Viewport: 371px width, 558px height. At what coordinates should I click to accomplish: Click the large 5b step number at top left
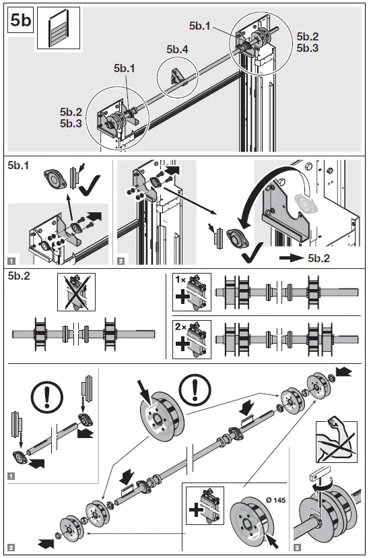pos(21,20)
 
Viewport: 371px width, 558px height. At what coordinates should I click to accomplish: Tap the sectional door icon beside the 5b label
pos(59,29)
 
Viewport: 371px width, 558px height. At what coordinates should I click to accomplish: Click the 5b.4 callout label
pos(178,49)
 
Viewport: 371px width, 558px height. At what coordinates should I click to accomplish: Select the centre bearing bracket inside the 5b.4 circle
pos(176,77)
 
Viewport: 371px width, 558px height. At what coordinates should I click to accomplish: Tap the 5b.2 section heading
pos(19,276)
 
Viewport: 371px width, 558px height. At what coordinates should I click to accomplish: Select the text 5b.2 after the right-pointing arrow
pos(318,258)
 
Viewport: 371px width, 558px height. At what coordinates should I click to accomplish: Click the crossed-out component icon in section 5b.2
pos(77,292)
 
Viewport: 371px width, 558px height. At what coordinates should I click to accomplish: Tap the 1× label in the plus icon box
pos(180,280)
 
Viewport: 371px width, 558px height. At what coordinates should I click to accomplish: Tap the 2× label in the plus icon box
pos(180,326)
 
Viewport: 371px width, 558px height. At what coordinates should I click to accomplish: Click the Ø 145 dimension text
pos(275,500)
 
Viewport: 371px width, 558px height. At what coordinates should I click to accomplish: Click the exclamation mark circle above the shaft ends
pos(47,396)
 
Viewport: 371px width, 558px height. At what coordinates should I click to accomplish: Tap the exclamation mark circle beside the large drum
pos(195,387)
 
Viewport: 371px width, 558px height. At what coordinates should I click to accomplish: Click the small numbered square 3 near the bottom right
pos(298,547)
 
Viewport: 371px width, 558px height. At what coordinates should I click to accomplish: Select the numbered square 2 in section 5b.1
pos(121,261)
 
